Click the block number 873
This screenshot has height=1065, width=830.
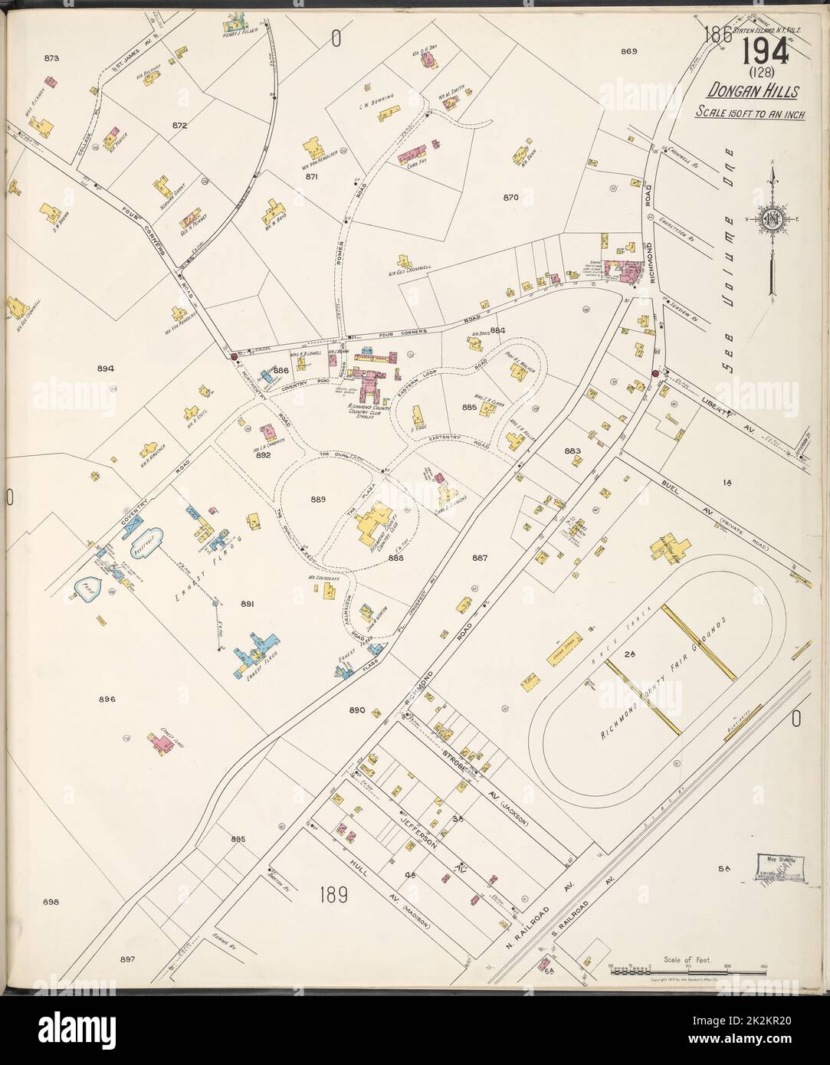(52, 57)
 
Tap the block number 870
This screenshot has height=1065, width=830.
(511, 197)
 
